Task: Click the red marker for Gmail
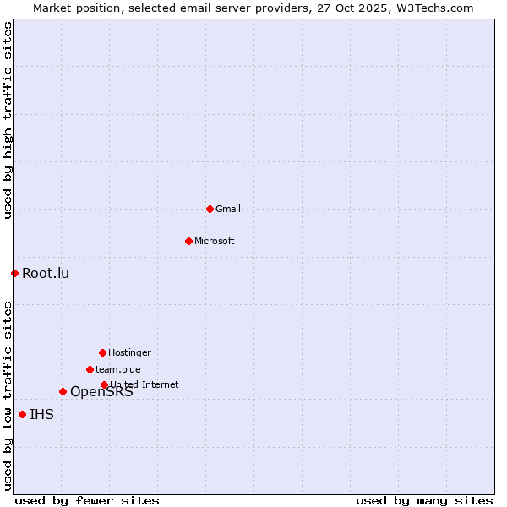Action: click(x=210, y=209)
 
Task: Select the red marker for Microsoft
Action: click(x=188, y=241)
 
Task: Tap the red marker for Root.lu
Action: click(x=14, y=273)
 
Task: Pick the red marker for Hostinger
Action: click(x=102, y=352)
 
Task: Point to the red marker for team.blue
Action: click(x=90, y=369)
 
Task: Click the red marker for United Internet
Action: click(x=104, y=384)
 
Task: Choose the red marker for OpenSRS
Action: click(x=63, y=391)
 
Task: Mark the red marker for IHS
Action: click(x=22, y=414)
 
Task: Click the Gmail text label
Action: click(x=228, y=209)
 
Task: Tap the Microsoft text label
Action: click(x=215, y=241)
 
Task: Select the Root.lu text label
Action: click(x=46, y=273)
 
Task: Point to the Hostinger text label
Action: click(x=129, y=352)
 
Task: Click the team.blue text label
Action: click(x=118, y=369)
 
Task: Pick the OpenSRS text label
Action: click(x=101, y=392)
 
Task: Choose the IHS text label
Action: click(x=41, y=414)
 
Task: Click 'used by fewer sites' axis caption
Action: click(x=87, y=500)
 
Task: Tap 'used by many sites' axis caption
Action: click(x=424, y=500)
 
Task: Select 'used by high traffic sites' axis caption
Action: click(x=8, y=120)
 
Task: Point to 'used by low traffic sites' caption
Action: click(x=8, y=395)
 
